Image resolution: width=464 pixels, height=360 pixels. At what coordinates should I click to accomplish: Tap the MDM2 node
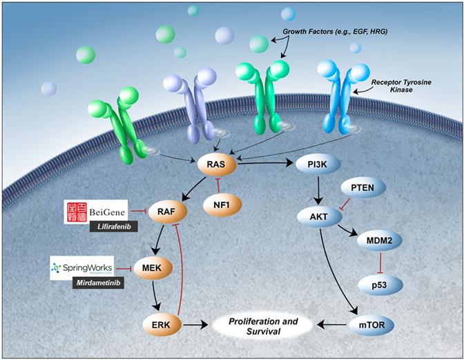tap(378, 243)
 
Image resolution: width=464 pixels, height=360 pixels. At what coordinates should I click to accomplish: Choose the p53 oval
tap(378, 284)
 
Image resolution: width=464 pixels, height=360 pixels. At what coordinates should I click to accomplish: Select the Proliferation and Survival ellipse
tap(265, 323)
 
